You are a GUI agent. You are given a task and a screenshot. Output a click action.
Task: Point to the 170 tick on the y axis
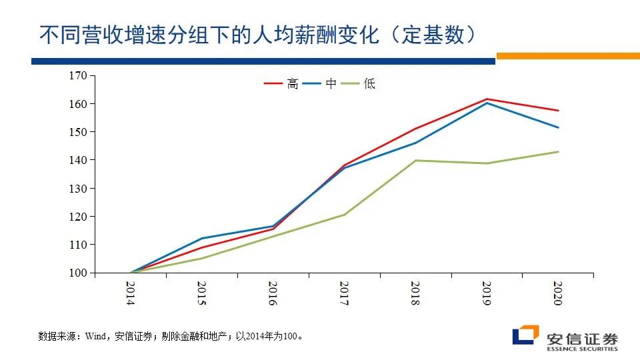(79, 76)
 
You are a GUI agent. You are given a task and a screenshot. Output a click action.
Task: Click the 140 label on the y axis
(79, 160)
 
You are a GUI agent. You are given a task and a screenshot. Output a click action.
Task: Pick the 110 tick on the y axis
(79, 245)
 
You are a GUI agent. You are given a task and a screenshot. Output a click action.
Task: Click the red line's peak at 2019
(487, 99)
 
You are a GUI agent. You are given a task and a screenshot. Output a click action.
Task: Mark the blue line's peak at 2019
(487, 103)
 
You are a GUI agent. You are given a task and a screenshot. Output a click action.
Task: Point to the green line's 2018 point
(415, 160)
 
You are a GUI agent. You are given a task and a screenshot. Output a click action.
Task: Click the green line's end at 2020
(558, 151)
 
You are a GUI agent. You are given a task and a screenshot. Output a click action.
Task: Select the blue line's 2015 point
(201, 238)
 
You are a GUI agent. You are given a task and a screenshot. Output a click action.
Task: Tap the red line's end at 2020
(558, 111)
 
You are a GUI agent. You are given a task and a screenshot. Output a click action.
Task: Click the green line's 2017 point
(344, 215)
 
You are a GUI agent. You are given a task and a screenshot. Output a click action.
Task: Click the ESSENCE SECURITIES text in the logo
(582, 349)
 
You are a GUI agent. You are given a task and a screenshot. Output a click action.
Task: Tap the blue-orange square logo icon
(525, 335)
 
